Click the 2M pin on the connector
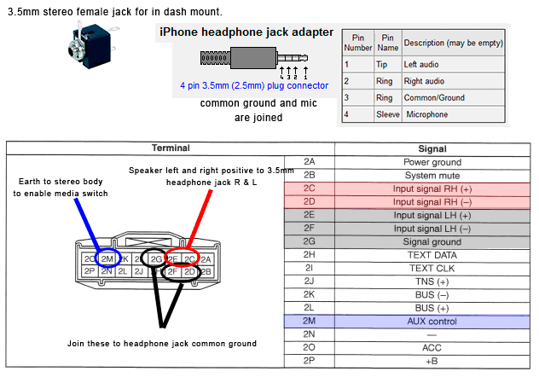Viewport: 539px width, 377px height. (107, 258)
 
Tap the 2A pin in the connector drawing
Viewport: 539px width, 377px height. (206, 258)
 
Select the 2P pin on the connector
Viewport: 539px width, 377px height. (90, 272)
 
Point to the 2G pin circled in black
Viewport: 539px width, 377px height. (156, 258)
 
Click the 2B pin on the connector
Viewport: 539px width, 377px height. (206, 272)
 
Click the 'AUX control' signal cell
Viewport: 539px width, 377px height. (432, 322)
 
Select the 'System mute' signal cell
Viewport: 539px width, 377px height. (432, 175)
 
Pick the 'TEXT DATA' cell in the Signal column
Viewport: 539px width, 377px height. (432, 255)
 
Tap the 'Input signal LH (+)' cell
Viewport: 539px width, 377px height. (432, 215)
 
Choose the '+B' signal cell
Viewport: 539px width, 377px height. (432, 362)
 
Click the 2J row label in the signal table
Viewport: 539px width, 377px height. (309, 281)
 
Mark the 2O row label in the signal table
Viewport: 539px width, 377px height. (309, 348)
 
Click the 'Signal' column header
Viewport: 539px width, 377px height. (432, 148)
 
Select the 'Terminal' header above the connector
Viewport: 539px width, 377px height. (171, 148)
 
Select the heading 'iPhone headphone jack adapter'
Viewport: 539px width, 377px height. (246, 32)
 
